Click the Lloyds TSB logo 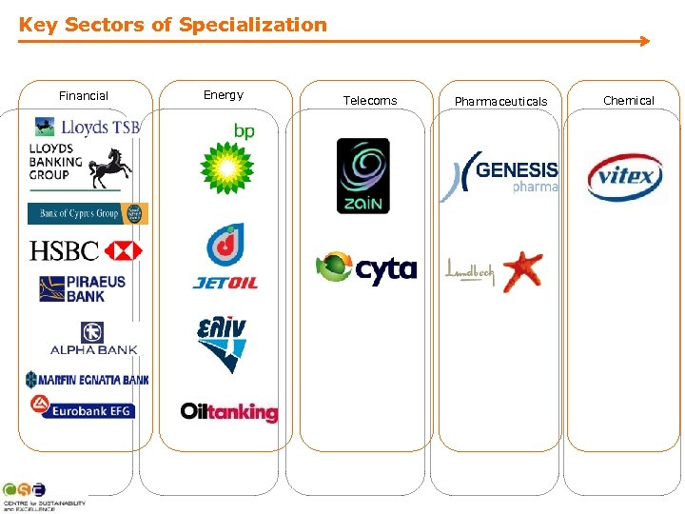[87, 127]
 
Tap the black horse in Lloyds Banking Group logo [110, 168]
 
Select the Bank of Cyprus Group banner [88, 213]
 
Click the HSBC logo [86, 250]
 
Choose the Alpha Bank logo [93, 339]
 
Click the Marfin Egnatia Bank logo [87, 380]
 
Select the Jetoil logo [225, 256]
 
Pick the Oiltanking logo [229, 411]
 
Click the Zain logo [362, 176]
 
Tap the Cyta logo [366, 269]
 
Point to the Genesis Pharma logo [499, 176]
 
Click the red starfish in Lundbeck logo [522, 270]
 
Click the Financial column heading [84, 96]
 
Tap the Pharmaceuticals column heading [501, 101]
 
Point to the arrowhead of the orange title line [645, 41]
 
